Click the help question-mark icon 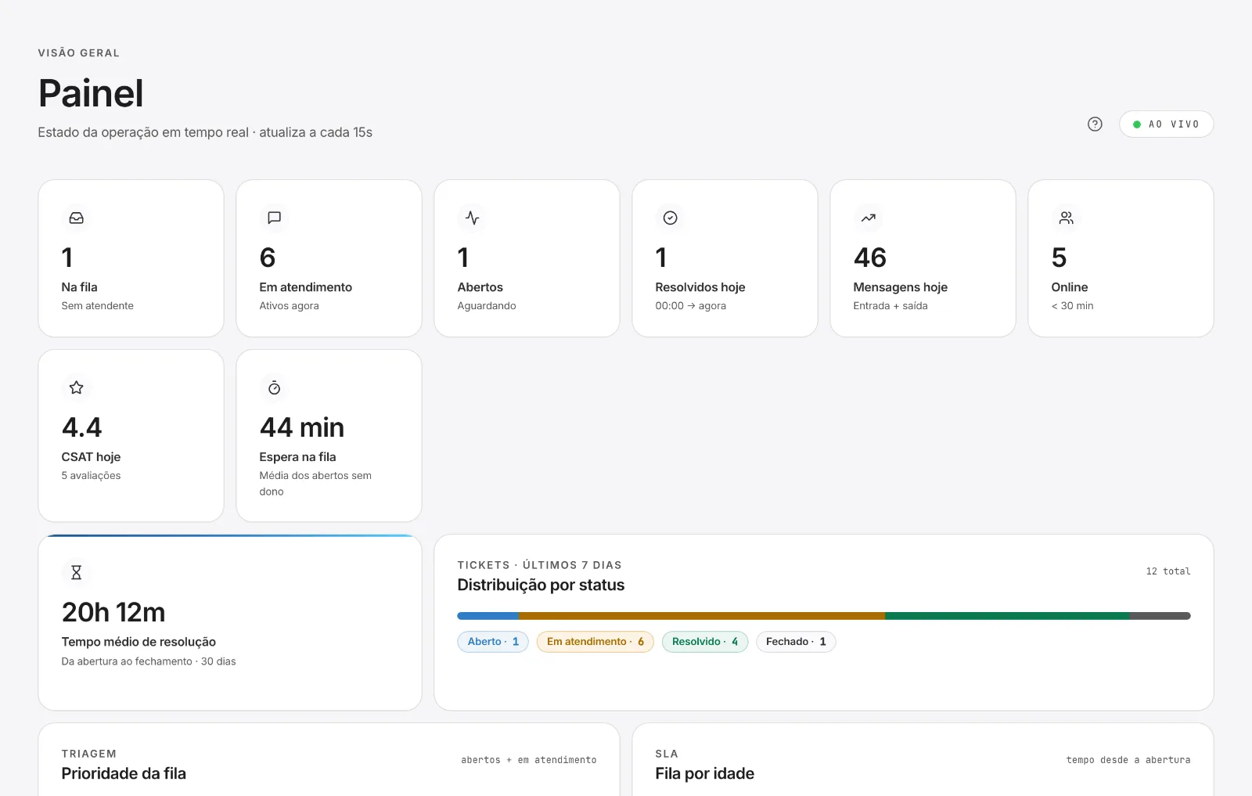coord(1095,124)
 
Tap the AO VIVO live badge coord(1166,124)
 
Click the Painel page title coord(91,93)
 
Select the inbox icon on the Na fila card coord(77,218)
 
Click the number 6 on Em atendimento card coord(267,258)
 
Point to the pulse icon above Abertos coord(473,218)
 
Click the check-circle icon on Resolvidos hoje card coord(670,218)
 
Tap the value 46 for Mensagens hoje coord(869,258)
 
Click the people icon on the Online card coord(1067,218)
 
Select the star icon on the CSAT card coord(77,387)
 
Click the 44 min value coord(302,427)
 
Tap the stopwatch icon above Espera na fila coord(275,387)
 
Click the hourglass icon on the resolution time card coord(77,572)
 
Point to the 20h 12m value coord(113,612)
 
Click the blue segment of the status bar coord(488,616)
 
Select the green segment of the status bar coord(1007,616)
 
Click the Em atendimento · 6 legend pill coord(595,642)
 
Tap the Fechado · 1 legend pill coord(796,642)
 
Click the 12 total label coord(1168,571)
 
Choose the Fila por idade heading coord(705,773)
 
